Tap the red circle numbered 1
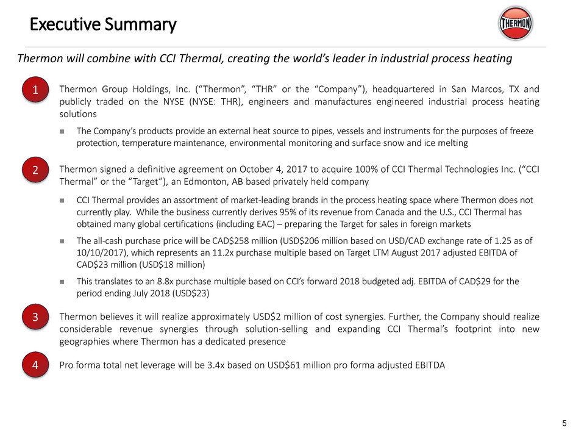pos(35,91)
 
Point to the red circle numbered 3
pos(35,317)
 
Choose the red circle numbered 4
pos(35,365)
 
